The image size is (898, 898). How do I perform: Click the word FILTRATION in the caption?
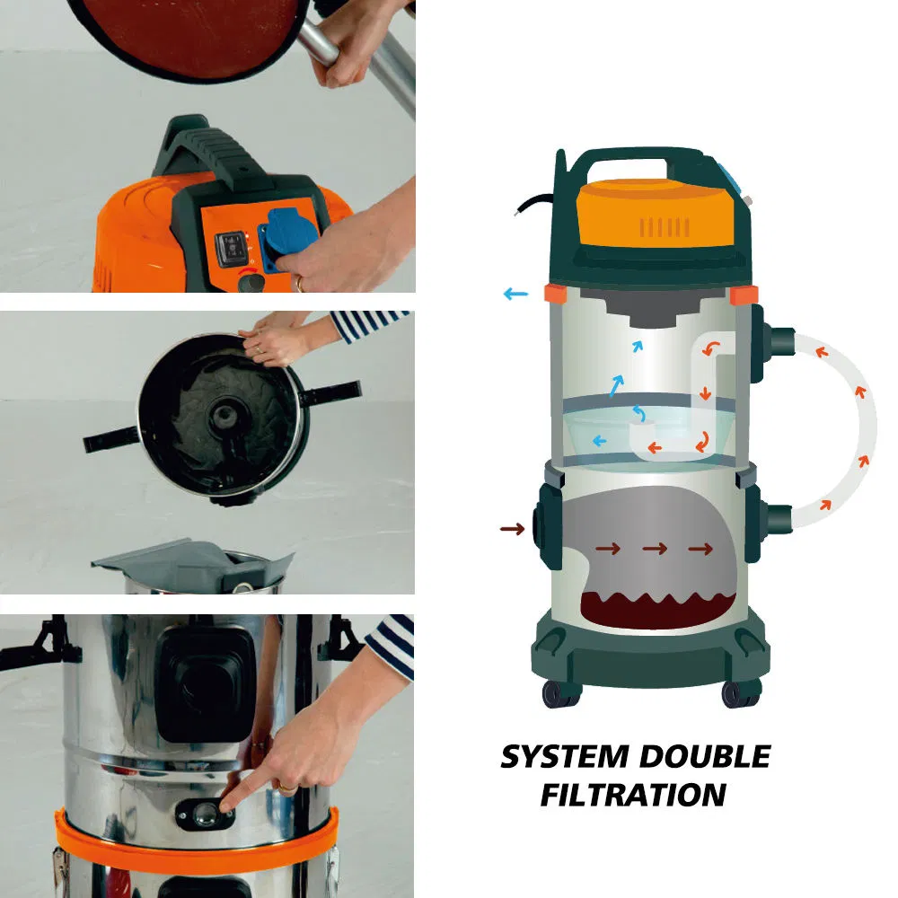click(633, 795)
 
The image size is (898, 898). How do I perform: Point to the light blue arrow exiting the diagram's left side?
click(515, 293)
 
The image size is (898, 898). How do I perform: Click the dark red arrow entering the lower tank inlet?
click(512, 530)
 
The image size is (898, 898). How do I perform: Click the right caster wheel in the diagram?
click(741, 693)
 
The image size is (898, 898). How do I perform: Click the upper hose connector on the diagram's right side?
click(779, 340)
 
